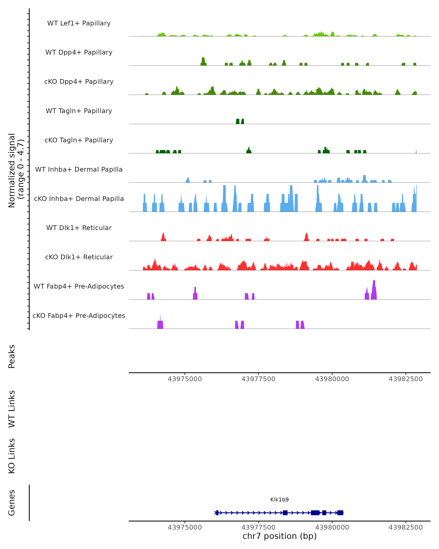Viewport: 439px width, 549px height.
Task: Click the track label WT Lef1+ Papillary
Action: click(x=79, y=23)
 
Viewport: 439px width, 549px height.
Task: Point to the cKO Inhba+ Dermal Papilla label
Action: click(x=79, y=199)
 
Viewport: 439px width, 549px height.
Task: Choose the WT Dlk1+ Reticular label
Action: click(x=79, y=228)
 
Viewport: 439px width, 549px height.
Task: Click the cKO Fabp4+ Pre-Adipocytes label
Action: click(x=79, y=315)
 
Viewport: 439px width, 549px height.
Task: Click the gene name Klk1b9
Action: click(x=279, y=500)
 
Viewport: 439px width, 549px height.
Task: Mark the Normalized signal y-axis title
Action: click(x=16, y=170)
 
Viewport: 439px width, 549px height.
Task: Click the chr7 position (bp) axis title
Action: click(x=279, y=536)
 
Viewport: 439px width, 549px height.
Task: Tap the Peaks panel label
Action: click(x=12, y=356)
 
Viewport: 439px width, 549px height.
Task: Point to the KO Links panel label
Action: click(x=12, y=456)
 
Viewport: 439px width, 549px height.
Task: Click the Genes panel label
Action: click(x=12, y=503)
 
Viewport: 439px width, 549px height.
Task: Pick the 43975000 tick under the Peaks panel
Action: click(x=185, y=379)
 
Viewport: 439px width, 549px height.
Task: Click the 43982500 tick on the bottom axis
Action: click(x=406, y=527)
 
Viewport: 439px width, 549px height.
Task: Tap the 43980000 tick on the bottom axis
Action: click(x=332, y=527)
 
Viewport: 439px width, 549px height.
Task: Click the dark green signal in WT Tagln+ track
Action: click(x=238, y=122)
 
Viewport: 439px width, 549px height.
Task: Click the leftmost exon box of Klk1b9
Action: click(x=217, y=513)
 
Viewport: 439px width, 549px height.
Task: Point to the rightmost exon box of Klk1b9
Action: click(x=340, y=513)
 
